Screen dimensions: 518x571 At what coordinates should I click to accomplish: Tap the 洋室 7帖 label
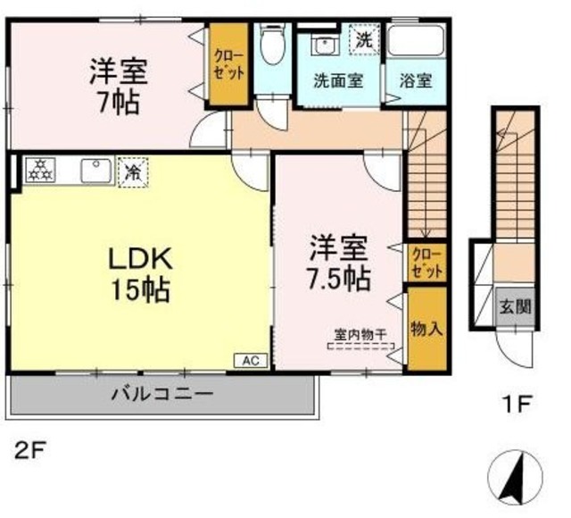point(118,86)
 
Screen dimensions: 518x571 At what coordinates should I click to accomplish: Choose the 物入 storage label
point(426,328)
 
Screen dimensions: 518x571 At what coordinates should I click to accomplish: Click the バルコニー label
point(162,393)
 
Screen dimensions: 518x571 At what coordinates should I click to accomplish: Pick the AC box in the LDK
point(251,361)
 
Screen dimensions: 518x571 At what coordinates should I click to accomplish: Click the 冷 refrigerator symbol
point(133,170)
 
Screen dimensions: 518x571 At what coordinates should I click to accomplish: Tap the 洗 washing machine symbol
point(365,39)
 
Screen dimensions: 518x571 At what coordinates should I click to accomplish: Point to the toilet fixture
point(271,45)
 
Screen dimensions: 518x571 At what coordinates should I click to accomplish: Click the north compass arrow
point(514,474)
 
